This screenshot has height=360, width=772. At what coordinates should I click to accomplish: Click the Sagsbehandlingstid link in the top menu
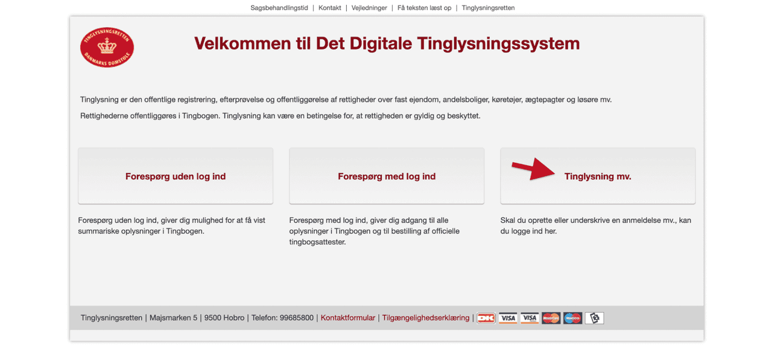(x=279, y=8)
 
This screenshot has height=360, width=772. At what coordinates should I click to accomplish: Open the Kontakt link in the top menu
(x=330, y=8)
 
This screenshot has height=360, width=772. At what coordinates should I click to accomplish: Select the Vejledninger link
(x=370, y=8)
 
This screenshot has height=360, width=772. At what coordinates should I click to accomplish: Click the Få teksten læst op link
(x=424, y=8)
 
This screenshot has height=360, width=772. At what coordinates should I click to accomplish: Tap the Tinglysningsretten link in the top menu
(x=488, y=8)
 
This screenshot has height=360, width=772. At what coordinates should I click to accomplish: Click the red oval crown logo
(x=107, y=47)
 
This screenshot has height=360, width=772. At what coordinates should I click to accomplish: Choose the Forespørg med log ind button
(x=387, y=176)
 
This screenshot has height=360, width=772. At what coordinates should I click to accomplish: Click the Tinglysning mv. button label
(x=598, y=177)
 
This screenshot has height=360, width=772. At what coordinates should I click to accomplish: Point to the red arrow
(x=534, y=169)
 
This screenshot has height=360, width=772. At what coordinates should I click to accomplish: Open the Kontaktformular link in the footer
(x=347, y=318)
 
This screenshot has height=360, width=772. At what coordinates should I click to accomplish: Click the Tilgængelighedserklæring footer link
(x=425, y=318)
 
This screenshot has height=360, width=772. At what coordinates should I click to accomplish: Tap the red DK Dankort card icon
(x=486, y=318)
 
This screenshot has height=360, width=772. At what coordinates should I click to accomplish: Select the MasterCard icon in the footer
(x=551, y=318)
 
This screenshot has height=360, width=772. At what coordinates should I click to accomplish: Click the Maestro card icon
(x=572, y=318)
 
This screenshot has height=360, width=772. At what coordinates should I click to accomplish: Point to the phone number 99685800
(x=297, y=318)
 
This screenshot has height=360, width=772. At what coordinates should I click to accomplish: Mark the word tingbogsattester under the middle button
(x=317, y=242)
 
